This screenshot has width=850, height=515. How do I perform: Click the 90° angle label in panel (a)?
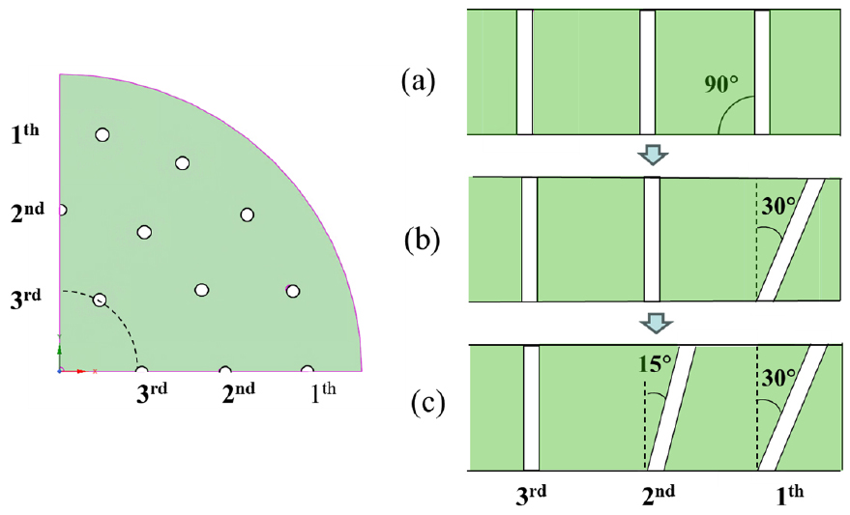pyautogui.click(x=721, y=84)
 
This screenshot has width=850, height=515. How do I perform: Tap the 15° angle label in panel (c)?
pyautogui.click(x=655, y=364)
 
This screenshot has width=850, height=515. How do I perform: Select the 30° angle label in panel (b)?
pyautogui.click(x=779, y=207)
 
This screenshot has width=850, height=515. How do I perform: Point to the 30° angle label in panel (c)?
pyautogui.click(x=779, y=378)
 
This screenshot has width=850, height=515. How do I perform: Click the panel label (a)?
pyautogui.click(x=418, y=82)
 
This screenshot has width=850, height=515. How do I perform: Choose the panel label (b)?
pyautogui.click(x=422, y=241)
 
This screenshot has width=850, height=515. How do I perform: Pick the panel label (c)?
pyautogui.click(x=427, y=403)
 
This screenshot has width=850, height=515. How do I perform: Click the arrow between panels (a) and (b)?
pyautogui.click(x=654, y=154)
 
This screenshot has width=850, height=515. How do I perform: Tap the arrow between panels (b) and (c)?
pyautogui.click(x=657, y=324)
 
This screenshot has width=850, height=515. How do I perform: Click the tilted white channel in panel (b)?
pyautogui.click(x=791, y=240)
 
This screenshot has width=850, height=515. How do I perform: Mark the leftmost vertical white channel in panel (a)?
pyautogui.click(x=524, y=72)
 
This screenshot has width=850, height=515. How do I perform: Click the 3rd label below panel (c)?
pyautogui.click(x=531, y=495)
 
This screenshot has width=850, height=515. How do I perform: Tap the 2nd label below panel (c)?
pyautogui.click(x=659, y=495)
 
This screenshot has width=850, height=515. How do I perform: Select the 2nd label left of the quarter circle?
pyautogui.click(x=27, y=213)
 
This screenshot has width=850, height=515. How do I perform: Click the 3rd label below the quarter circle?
pyautogui.click(x=152, y=392)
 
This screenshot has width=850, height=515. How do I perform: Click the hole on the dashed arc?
pyautogui.click(x=100, y=300)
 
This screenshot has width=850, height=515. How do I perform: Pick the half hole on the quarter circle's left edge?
pyautogui.click(x=63, y=210)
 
